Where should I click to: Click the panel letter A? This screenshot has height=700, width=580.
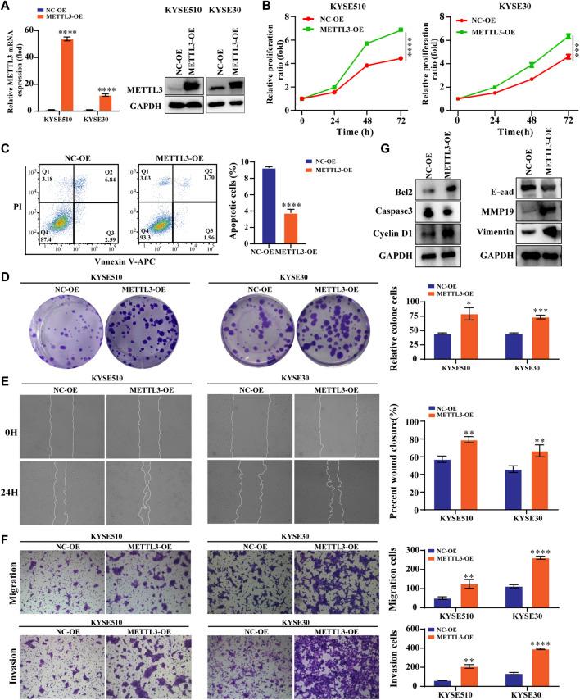pos(7,8)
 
